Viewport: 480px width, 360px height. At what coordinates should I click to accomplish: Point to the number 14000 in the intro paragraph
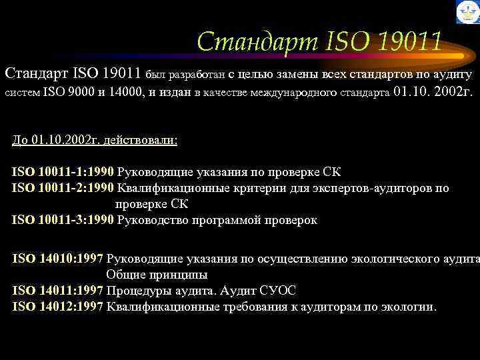click(x=123, y=93)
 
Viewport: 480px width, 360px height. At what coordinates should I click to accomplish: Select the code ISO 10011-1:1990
click(x=63, y=172)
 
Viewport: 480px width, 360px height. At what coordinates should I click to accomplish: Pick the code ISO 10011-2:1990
click(x=63, y=188)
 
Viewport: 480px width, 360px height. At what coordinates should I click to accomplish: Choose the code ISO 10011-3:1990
click(x=63, y=220)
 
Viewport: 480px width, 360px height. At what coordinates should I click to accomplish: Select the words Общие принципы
click(x=157, y=274)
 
